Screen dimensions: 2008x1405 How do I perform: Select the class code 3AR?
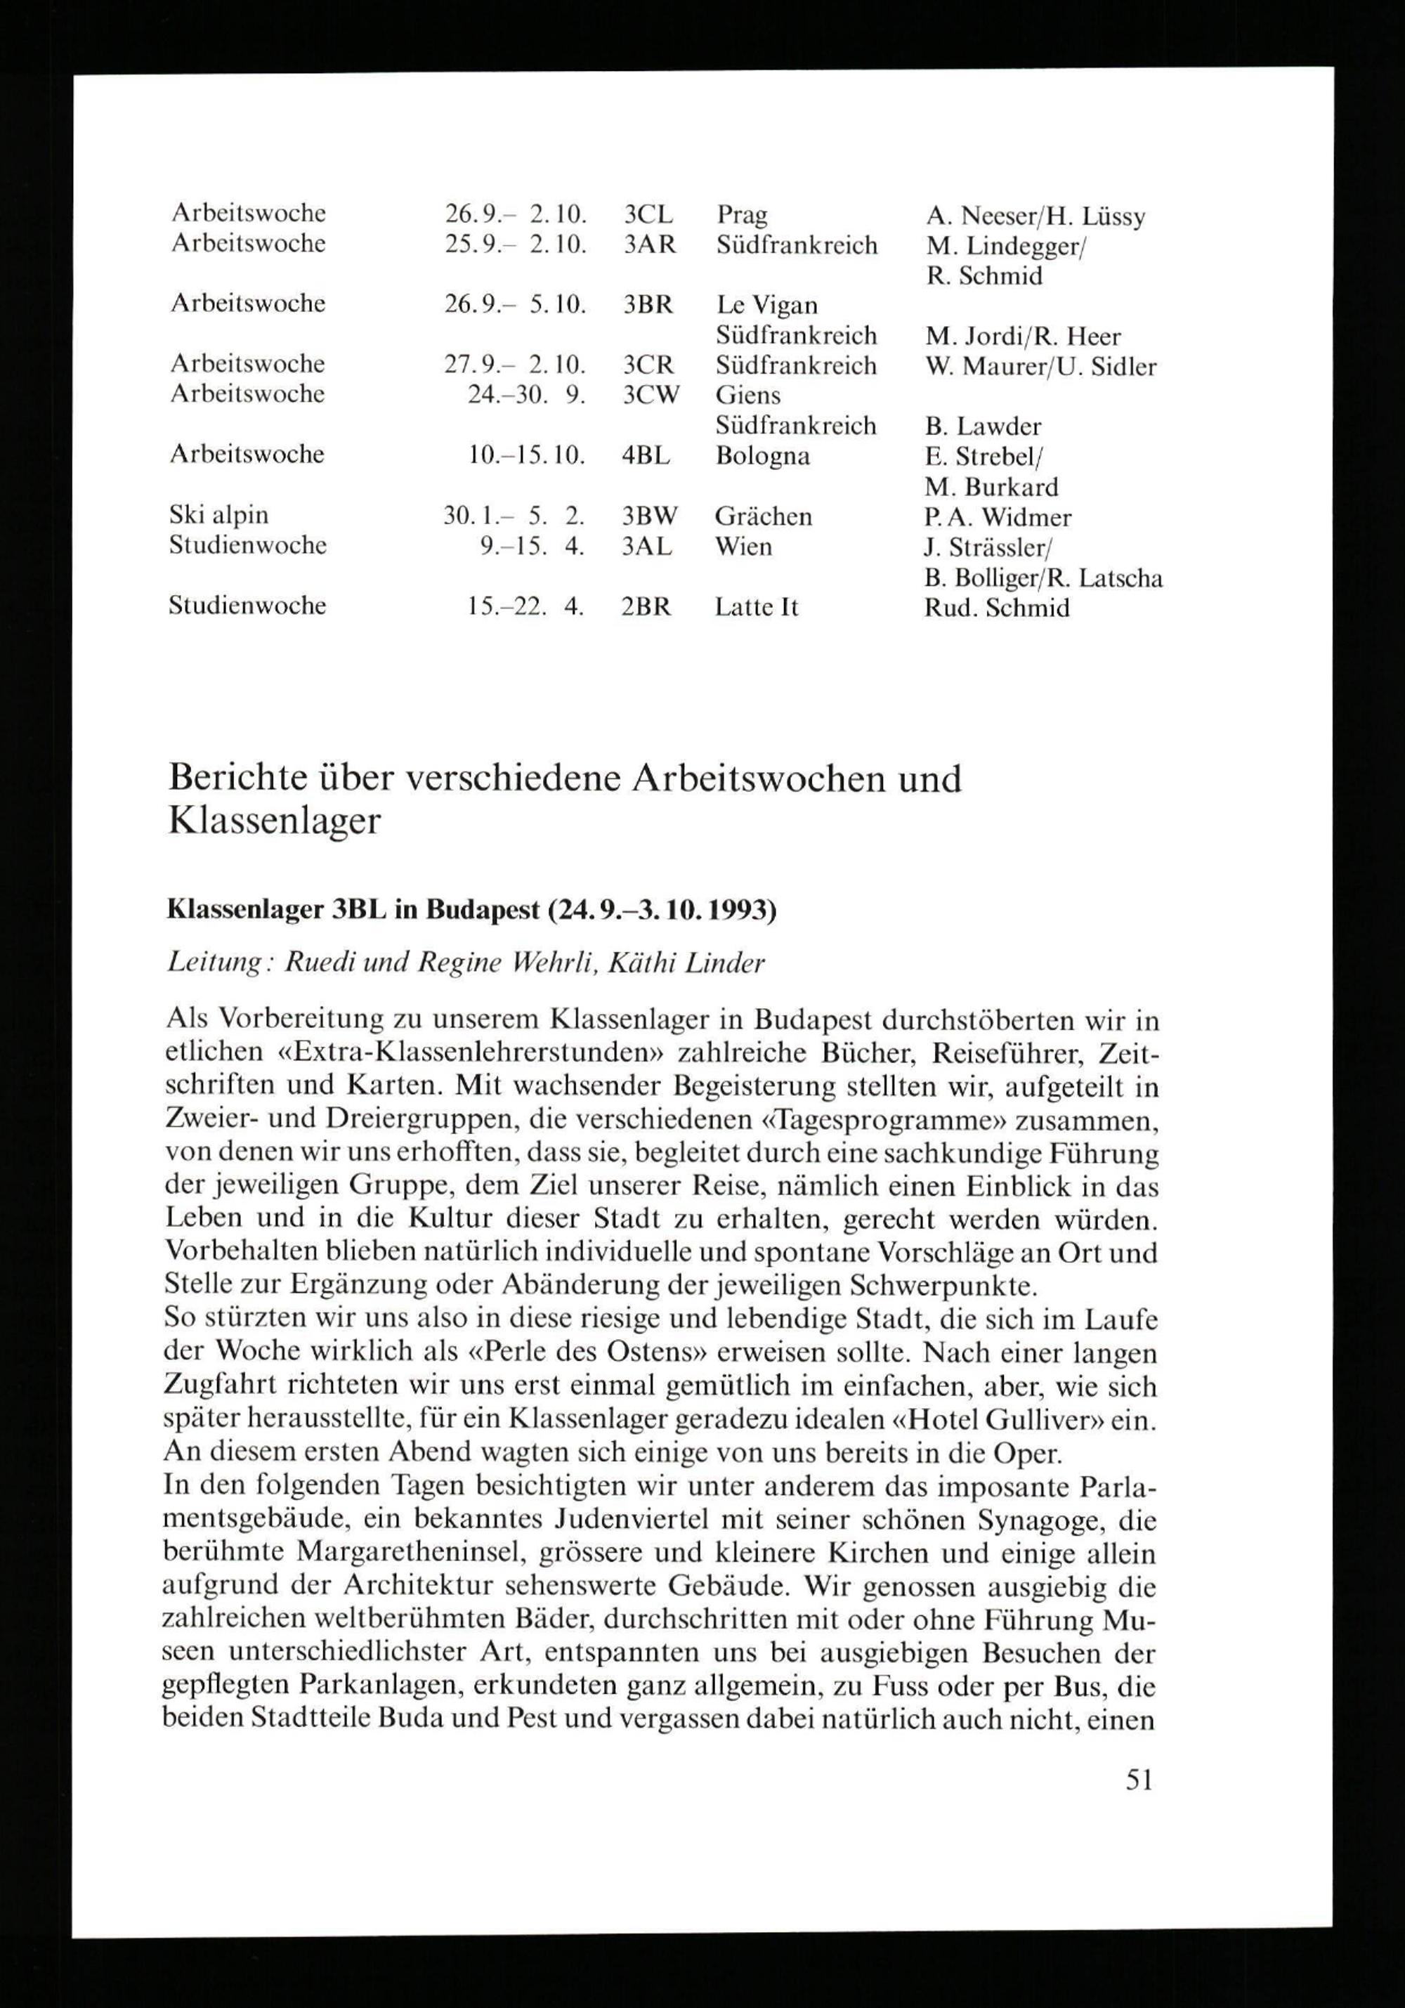[650, 245]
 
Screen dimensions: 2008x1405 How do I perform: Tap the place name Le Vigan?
[766, 305]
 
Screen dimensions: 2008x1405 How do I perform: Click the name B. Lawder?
[983, 426]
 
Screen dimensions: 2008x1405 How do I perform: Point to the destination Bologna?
[762, 457]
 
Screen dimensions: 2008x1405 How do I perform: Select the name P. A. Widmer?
[997, 517]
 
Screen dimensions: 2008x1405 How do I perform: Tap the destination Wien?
[743, 547]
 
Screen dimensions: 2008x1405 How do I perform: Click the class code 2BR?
[646, 607]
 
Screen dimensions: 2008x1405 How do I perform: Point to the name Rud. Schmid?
[997, 608]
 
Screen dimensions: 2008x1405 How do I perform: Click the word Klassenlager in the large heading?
[275, 821]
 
